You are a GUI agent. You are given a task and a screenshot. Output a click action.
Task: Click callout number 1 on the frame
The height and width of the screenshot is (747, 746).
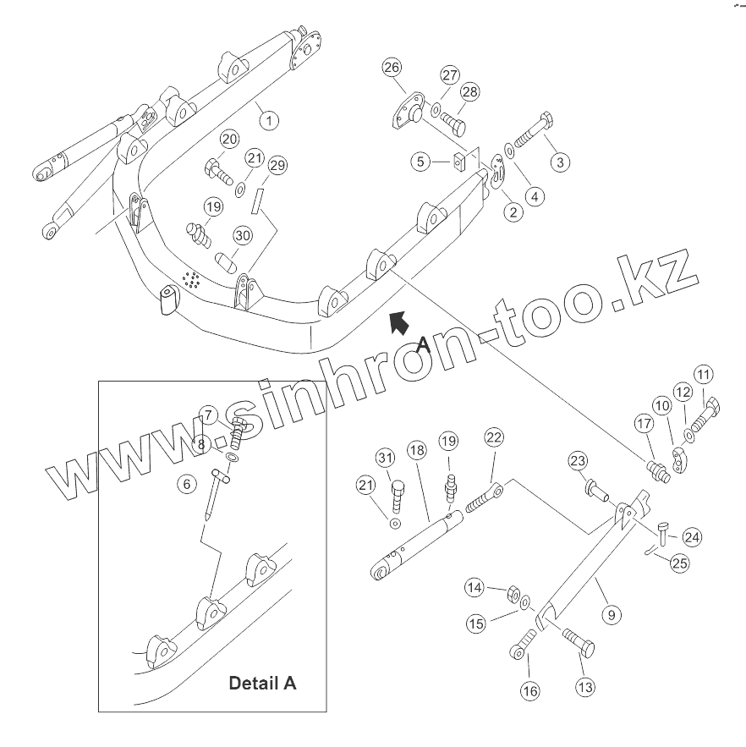click(269, 120)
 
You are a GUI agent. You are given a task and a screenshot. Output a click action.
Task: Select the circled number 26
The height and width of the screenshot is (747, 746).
click(391, 68)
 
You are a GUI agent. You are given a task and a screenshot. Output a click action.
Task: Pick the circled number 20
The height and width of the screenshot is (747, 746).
click(229, 140)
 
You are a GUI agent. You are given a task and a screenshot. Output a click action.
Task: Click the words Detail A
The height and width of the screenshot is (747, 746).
click(262, 682)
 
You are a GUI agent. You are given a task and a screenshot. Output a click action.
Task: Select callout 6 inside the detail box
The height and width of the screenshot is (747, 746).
click(185, 484)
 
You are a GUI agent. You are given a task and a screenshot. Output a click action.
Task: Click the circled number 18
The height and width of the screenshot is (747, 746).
click(415, 451)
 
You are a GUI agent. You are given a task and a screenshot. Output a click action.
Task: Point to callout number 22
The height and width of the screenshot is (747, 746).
click(494, 437)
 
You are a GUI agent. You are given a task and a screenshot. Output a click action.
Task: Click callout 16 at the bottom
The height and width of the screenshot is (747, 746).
click(529, 691)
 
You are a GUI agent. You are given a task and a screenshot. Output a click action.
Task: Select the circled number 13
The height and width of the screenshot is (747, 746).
click(585, 687)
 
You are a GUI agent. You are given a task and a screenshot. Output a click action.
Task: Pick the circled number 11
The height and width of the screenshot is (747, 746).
click(704, 373)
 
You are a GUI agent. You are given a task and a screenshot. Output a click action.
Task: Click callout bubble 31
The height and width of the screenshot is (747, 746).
click(386, 459)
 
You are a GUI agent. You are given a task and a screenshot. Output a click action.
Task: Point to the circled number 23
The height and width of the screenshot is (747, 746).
click(578, 461)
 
